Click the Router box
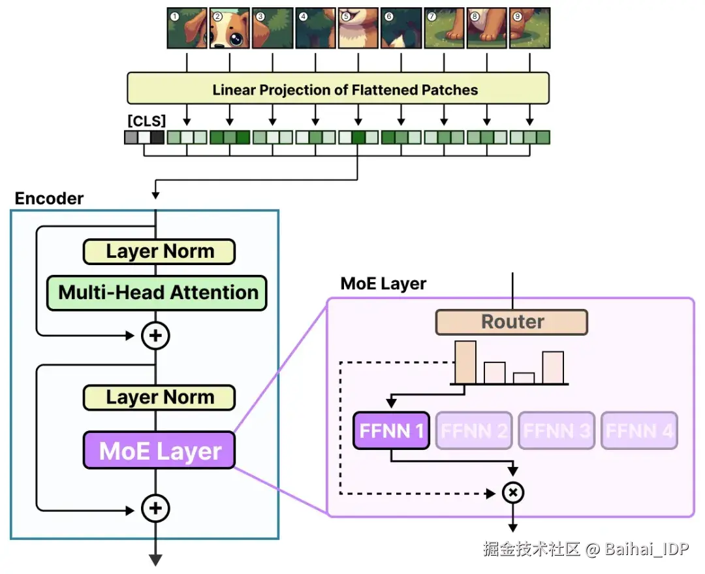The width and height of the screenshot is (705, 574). click(x=512, y=322)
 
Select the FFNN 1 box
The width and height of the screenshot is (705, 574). click(x=391, y=430)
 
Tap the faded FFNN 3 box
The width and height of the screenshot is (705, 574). click(x=557, y=430)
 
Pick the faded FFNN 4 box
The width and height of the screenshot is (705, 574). click(x=639, y=430)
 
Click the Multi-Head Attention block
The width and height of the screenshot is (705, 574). click(x=157, y=293)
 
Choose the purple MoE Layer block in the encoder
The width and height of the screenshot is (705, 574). click(x=159, y=451)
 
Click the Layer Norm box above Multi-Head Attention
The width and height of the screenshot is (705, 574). click(x=159, y=251)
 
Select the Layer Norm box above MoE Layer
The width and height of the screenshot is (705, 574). click(x=159, y=398)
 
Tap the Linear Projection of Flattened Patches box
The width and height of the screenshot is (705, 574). click(x=338, y=88)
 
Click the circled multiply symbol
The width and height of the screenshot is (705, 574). click(x=512, y=492)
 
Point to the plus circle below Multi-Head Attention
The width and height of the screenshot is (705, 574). click(x=155, y=336)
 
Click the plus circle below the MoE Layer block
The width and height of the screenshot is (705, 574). click(x=155, y=508)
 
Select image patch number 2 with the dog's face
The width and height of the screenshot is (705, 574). click(x=230, y=28)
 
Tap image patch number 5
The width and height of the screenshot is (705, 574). click(x=358, y=28)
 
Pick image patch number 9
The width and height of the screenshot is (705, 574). click(x=529, y=28)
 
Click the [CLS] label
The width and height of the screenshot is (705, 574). click(x=147, y=121)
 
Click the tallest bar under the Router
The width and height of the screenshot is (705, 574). click(x=465, y=362)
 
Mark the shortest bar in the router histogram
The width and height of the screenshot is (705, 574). click(x=524, y=378)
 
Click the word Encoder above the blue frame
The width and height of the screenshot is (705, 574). click(x=49, y=199)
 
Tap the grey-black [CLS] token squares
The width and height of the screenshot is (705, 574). click(x=144, y=137)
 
